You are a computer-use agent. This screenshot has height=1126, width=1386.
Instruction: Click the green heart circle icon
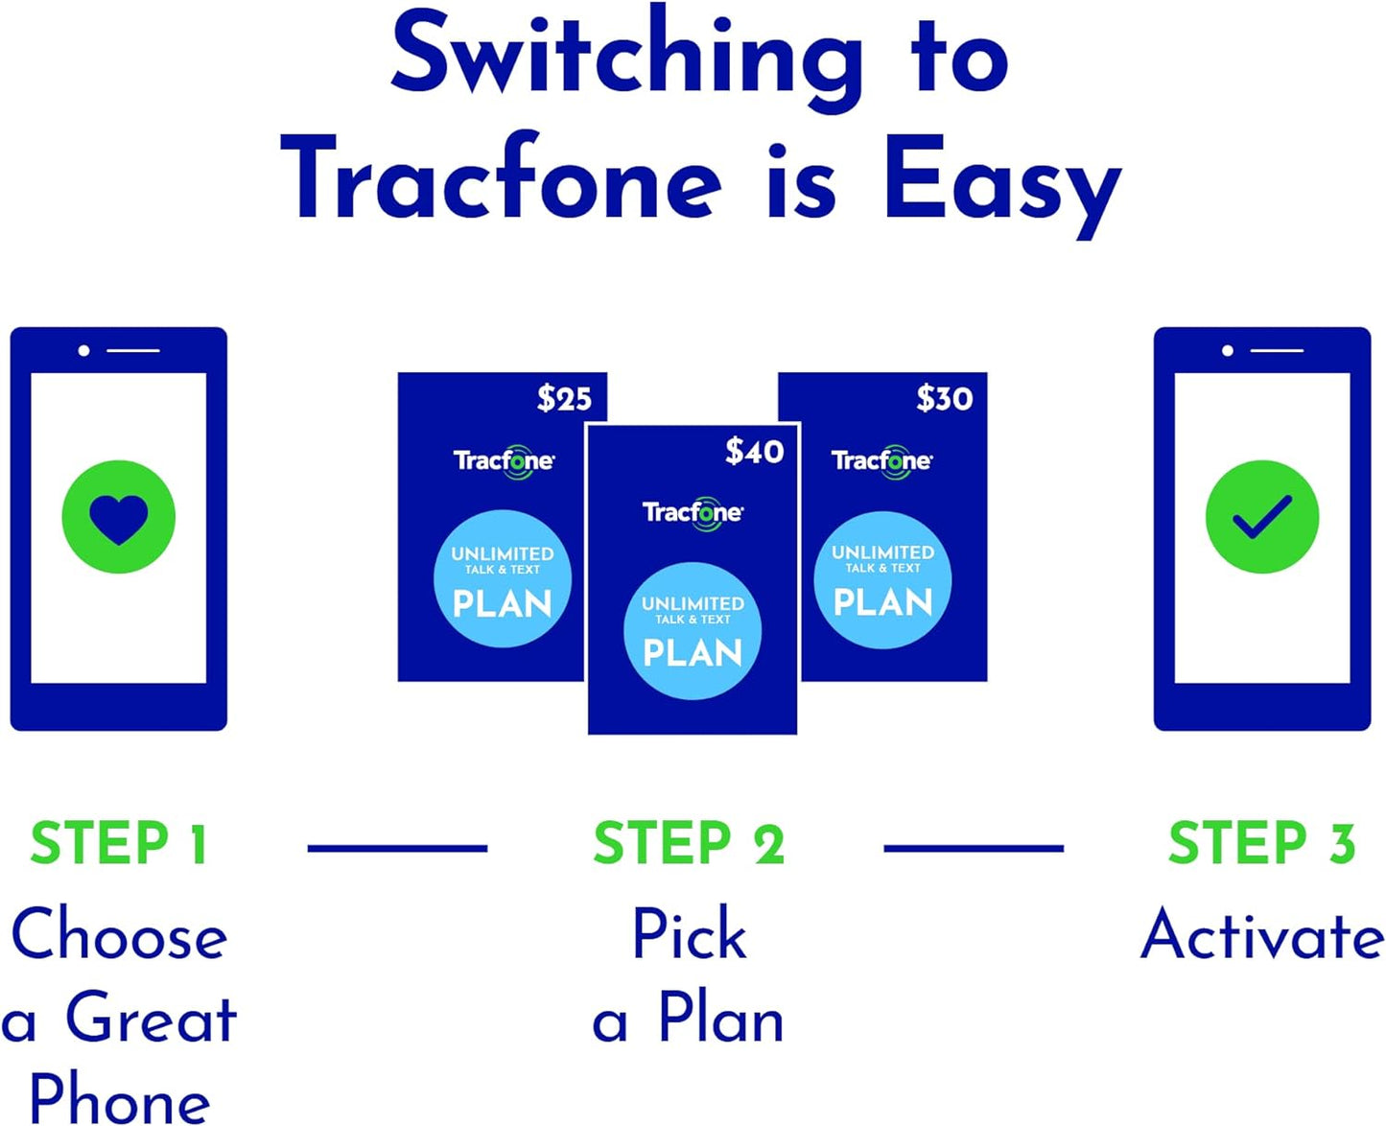coord(119,517)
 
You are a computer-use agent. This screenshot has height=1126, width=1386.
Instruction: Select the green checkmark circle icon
coord(1262,517)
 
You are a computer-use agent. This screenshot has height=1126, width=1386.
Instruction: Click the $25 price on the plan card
coord(564,398)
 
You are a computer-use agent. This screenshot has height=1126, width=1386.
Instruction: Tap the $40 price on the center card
coord(754,451)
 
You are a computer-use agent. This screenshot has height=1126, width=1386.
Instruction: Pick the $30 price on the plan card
coord(944,398)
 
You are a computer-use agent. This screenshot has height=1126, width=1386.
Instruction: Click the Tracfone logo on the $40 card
coord(692,512)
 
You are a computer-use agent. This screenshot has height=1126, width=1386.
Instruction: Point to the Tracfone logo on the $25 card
coord(503,460)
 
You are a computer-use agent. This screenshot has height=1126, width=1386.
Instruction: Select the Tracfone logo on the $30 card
coord(881,460)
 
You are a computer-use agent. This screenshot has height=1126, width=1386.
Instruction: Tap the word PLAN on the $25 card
coord(503,604)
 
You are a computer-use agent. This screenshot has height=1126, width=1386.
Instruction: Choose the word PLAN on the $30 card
coord(882,602)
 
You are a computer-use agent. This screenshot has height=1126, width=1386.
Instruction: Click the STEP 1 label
coord(119,844)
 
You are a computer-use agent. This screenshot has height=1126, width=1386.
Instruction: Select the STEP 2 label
coord(689,844)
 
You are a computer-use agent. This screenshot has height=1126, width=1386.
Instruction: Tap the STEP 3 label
coord(1261,844)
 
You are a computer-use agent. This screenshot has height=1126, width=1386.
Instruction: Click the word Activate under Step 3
coord(1261,934)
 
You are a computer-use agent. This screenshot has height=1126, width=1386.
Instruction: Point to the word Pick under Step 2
coord(689,934)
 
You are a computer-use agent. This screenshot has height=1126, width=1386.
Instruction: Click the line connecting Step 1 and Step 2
coord(397,848)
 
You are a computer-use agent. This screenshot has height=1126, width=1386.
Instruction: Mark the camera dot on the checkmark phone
coord(1228,351)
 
